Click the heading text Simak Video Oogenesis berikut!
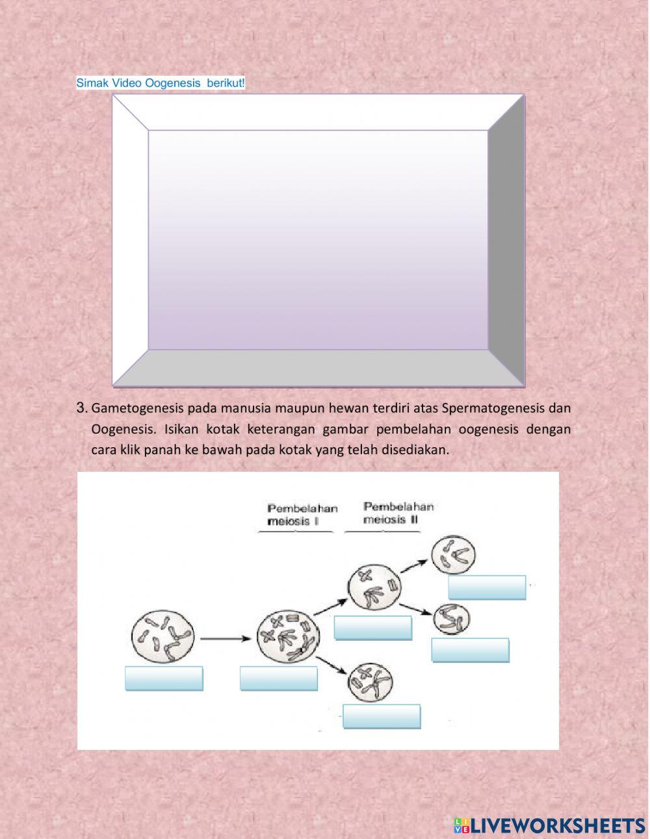click(x=161, y=83)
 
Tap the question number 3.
click(x=81, y=408)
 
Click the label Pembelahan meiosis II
click(x=398, y=513)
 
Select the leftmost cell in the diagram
click(x=162, y=636)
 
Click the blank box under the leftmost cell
click(x=164, y=678)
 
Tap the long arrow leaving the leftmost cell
click(x=224, y=638)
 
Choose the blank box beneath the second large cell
click(x=279, y=678)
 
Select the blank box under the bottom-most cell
click(x=382, y=716)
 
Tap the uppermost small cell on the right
click(x=454, y=554)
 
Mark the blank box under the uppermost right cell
click(x=487, y=587)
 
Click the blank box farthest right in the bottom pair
click(x=470, y=650)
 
